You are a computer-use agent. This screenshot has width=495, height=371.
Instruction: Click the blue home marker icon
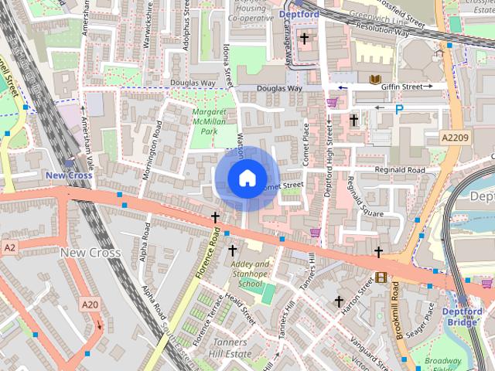(x=247, y=178)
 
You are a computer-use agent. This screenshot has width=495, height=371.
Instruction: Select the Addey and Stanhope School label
(x=251, y=274)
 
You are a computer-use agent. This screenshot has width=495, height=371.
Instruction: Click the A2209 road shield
(x=456, y=137)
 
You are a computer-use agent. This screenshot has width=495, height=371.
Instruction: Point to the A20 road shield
(x=90, y=305)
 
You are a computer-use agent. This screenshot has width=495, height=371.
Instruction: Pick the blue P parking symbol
(x=399, y=110)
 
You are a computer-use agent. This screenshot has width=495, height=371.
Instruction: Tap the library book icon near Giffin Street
(x=375, y=80)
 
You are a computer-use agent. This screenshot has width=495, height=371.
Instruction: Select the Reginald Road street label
(x=399, y=170)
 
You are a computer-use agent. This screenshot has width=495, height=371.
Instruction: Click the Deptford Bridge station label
(x=463, y=316)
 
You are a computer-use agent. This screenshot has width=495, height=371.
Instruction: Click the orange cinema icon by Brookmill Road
(x=381, y=277)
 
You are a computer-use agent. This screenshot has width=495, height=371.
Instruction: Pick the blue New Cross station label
(x=69, y=175)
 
